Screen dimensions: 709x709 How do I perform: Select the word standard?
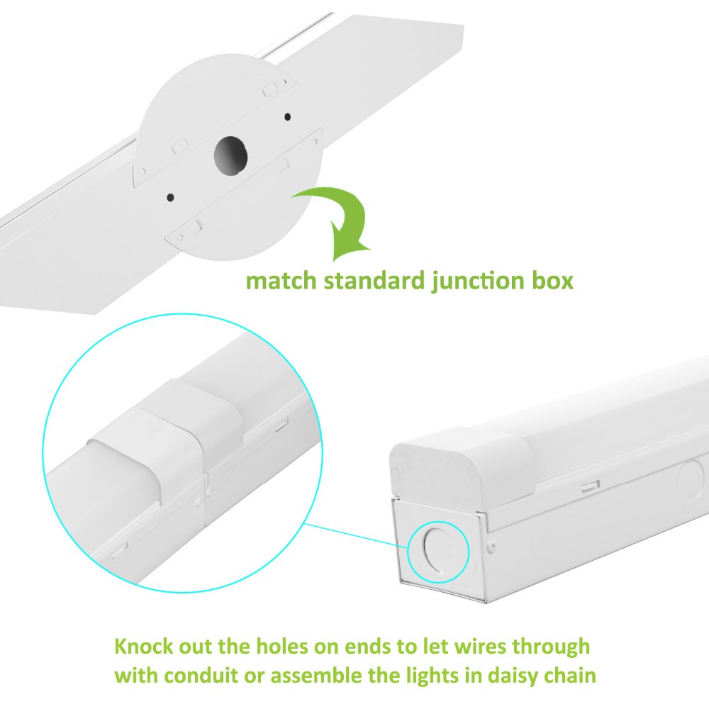click(x=374, y=281)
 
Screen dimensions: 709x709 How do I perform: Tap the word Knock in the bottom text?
click(x=146, y=647)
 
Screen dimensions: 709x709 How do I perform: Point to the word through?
click(x=550, y=648)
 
